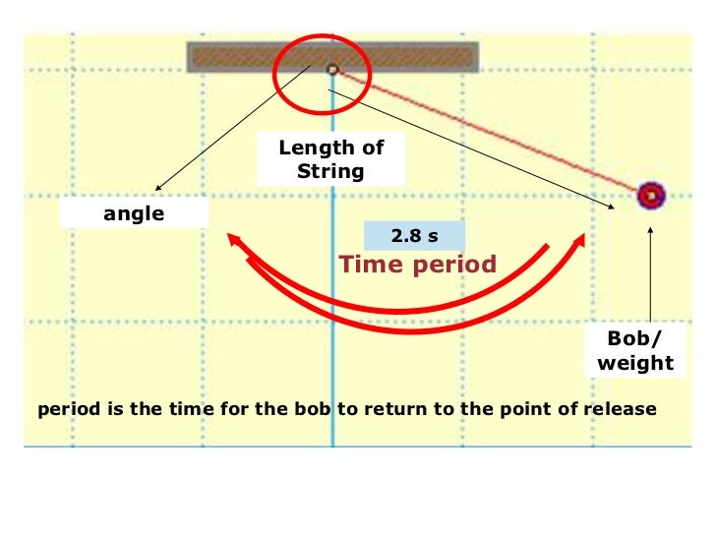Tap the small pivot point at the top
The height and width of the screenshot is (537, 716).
pyautogui.click(x=332, y=69)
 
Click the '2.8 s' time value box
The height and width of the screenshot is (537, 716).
pyautogui.click(x=414, y=236)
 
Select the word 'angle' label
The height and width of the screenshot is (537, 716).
pyautogui.click(x=135, y=213)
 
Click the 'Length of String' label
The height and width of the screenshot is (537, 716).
pyautogui.click(x=330, y=159)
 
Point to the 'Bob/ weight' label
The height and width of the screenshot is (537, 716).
pyautogui.click(x=635, y=350)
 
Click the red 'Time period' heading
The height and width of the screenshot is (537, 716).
pyautogui.click(x=418, y=264)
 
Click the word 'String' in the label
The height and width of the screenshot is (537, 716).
pyautogui.click(x=330, y=171)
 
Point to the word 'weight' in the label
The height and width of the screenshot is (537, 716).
pyautogui.click(x=635, y=362)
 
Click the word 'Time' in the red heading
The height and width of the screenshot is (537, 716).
pyautogui.click(x=370, y=264)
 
